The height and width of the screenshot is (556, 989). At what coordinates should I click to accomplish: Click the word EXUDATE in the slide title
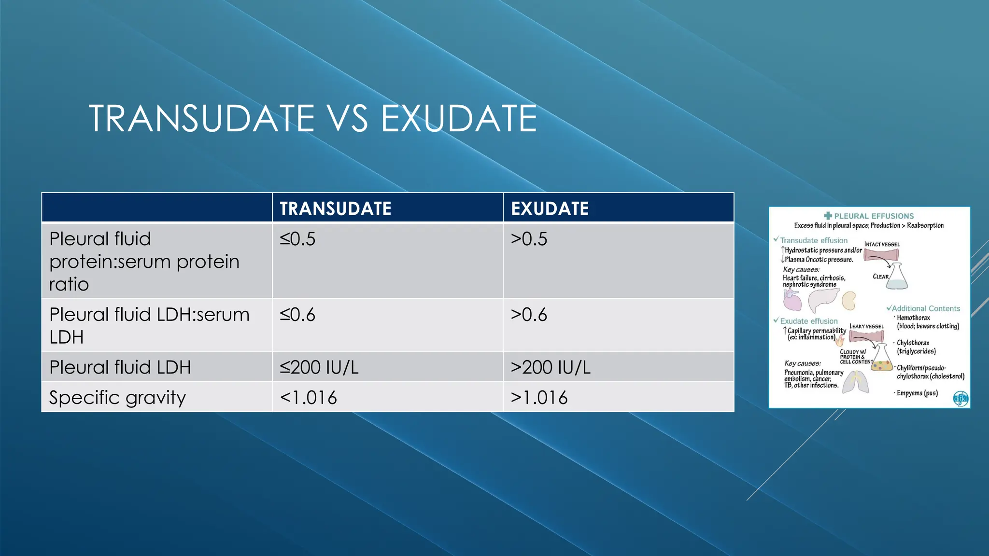tap(459, 119)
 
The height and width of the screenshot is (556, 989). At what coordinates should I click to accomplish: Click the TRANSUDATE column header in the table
tap(336, 208)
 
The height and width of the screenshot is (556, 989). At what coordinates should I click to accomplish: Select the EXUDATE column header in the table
tap(550, 208)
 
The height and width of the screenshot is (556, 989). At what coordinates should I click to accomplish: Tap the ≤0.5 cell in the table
tap(297, 239)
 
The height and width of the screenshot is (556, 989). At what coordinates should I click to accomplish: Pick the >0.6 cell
tap(529, 315)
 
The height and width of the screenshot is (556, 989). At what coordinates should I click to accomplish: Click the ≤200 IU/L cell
tap(319, 367)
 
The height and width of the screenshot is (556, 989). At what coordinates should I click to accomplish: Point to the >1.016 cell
tap(539, 398)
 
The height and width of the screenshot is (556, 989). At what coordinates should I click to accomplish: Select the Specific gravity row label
tap(117, 398)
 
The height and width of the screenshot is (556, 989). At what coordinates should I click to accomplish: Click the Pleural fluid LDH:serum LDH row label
tap(149, 325)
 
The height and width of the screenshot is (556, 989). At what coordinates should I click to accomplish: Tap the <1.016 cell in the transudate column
tap(308, 398)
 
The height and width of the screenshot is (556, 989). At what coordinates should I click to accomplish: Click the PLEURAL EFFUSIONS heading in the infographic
tap(874, 216)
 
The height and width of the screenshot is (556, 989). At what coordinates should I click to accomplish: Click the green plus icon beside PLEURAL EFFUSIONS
tap(828, 216)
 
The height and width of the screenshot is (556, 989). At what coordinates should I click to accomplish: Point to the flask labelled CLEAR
tap(898, 277)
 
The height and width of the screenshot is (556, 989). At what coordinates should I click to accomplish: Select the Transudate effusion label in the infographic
tap(814, 240)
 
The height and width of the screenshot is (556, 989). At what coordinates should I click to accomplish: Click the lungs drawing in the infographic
tap(856, 382)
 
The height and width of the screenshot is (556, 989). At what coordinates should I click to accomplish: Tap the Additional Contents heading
tap(926, 308)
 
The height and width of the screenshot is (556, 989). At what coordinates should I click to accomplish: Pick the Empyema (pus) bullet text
tap(917, 393)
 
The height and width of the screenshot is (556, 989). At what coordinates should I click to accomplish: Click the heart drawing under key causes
tap(792, 301)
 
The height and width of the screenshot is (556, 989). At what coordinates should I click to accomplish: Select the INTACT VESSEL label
tap(882, 244)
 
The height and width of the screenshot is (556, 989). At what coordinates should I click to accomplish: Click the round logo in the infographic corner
tap(961, 399)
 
